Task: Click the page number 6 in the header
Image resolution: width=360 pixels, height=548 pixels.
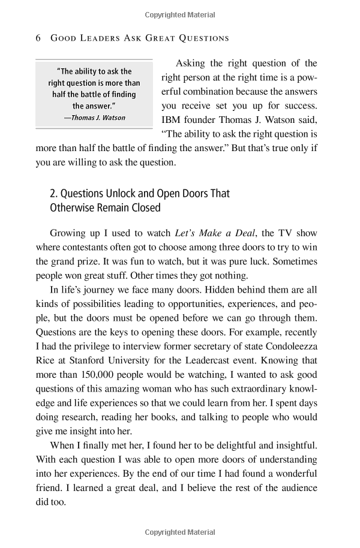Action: coord(38,38)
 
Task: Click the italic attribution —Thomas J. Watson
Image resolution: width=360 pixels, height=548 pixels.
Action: coord(95,118)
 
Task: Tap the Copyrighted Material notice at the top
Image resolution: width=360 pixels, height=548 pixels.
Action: coord(179,12)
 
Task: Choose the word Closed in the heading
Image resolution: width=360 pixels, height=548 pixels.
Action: coord(148,208)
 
